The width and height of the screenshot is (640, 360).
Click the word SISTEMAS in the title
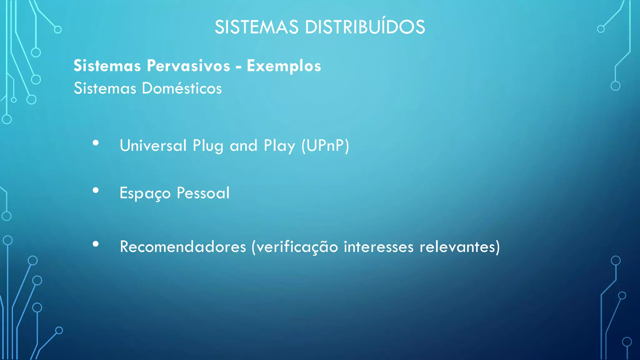coord(256,27)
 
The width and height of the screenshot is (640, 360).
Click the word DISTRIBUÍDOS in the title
coord(365,27)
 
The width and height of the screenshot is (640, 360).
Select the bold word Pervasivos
coord(188,66)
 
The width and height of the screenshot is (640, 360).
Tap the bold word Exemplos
coord(284,66)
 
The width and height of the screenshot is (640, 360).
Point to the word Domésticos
coord(182,88)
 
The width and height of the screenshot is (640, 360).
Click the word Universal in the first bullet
coord(153,146)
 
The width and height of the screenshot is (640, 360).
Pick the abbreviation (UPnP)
coord(325,146)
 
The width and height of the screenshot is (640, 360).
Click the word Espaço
coord(145,193)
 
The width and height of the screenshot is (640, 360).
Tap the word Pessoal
coord(203,193)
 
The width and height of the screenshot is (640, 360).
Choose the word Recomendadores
coord(183,247)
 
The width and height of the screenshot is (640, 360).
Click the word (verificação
coord(295,247)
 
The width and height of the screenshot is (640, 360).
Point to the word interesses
coord(378,247)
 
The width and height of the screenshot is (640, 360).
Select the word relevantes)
coord(459,247)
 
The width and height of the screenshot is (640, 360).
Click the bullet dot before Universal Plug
coord(96,143)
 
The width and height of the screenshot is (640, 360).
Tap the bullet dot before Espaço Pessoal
coord(96,190)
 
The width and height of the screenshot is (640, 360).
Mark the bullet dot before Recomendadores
coord(96,244)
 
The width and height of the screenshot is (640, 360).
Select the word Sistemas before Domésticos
coord(105,88)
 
